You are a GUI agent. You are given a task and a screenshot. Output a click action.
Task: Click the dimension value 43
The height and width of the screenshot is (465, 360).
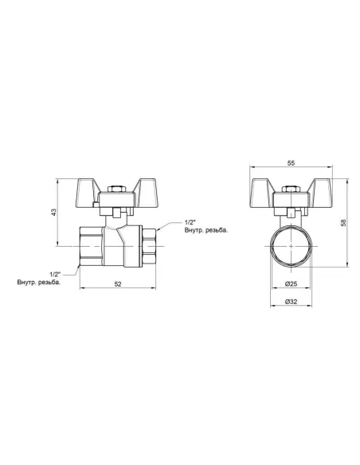53,212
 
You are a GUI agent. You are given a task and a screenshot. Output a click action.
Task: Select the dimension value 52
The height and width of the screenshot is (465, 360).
118,283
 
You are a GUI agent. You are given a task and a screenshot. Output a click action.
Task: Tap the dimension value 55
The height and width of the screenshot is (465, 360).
292,163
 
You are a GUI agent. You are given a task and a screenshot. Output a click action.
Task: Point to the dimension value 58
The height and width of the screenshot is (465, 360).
343,222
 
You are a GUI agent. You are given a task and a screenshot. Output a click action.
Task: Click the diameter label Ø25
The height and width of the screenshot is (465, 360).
291,283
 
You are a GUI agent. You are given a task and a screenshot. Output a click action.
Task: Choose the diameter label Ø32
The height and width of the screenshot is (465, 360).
291,302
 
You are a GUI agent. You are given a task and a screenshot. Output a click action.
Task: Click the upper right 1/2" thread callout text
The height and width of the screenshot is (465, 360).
190,222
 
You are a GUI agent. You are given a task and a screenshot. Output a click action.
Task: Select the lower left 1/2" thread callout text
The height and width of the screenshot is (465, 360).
55,274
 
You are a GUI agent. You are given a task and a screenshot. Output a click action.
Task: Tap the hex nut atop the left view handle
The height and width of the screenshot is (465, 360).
117,190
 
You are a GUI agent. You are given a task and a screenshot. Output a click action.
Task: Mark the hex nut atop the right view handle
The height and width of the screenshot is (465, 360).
291,190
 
